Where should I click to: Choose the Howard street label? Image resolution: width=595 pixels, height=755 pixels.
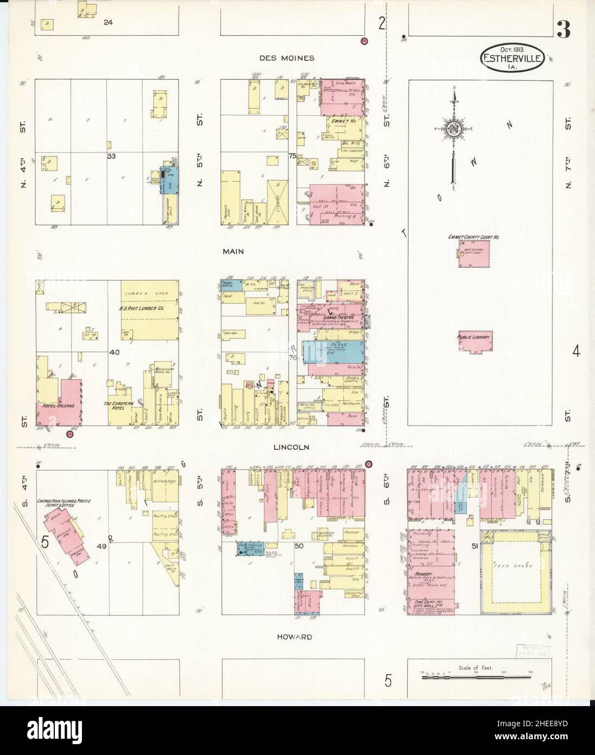(293, 636)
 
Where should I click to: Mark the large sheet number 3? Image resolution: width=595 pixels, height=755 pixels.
(563, 32)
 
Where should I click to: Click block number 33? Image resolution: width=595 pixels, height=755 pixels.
(111, 155)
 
